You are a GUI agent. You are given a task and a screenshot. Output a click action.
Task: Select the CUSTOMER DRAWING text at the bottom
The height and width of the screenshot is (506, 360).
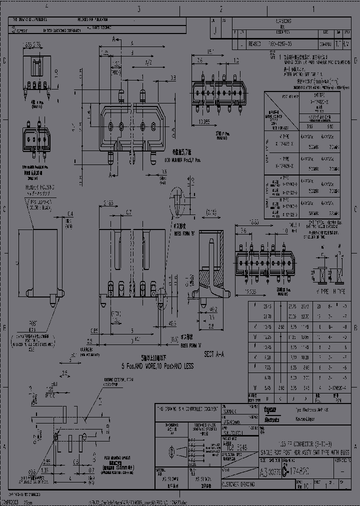tap(238, 484)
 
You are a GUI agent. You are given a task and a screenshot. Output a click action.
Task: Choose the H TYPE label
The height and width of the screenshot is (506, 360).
tap(339, 289)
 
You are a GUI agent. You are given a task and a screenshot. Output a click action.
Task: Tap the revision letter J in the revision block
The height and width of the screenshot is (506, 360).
tap(215, 30)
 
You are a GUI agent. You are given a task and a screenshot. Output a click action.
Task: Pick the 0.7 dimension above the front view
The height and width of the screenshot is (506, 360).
tap(129, 212)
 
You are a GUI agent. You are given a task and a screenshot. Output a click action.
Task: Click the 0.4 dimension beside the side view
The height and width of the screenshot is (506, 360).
tap(70, 213)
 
